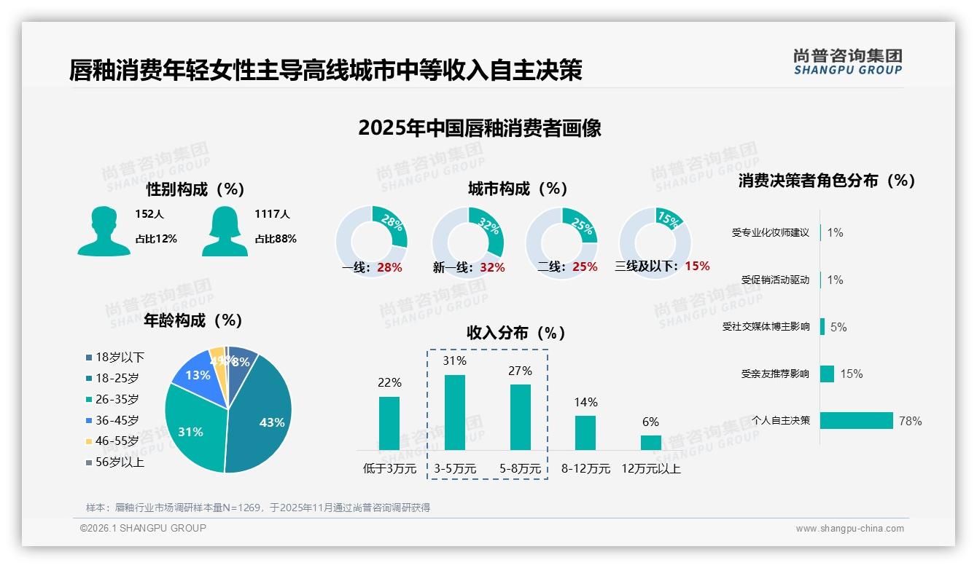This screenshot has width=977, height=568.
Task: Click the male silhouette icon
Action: point(104,231)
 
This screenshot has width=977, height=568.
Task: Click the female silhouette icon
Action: point(225,231)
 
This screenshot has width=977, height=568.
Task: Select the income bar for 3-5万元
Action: point(455,412)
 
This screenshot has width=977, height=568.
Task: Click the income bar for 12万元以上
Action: point(651,443)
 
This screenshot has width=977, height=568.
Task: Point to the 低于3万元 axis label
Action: point(389,469)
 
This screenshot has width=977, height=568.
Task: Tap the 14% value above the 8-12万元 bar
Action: point(585,402)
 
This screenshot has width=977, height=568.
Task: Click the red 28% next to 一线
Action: point(389,267)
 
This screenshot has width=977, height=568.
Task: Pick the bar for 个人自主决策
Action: point(857,420)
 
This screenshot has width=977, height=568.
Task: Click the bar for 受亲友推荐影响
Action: point(827,374)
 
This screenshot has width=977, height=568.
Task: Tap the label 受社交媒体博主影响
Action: point(766,327)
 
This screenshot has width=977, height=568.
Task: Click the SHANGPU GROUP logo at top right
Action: point(847,62)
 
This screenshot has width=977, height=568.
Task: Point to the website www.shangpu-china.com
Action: point(849,529)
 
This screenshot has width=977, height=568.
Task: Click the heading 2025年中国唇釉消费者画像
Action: point(480,129)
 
